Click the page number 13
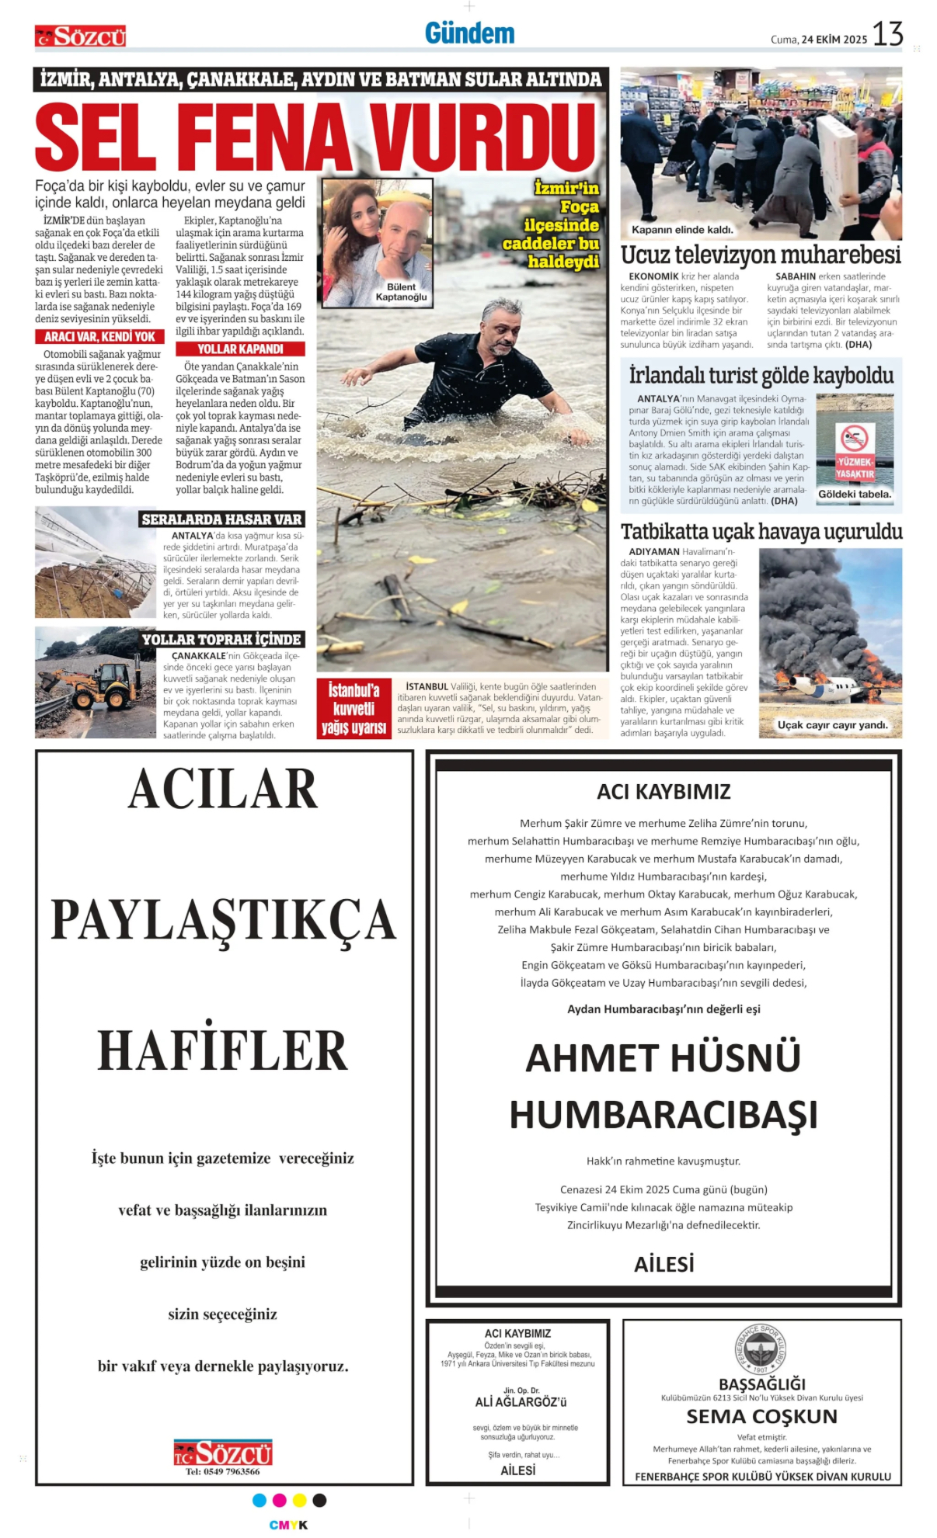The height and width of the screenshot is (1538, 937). point(887,35)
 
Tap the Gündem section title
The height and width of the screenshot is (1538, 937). point(469,33)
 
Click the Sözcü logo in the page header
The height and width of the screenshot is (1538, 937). point(80,36)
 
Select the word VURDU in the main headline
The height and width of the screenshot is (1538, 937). point(482,138)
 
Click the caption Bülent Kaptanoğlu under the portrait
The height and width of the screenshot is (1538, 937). point(401,292)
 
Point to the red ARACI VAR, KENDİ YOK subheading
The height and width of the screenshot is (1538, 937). point(99,337)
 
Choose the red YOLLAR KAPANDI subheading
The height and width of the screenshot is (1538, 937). point(240,349)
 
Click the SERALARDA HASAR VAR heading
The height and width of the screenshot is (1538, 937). point(221,519)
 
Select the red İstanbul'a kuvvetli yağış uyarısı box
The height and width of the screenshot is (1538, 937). point(354,709)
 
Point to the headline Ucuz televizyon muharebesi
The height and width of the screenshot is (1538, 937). point(761,255)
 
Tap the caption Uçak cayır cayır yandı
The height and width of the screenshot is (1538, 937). point(832,725)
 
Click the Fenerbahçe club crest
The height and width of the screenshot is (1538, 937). point(761,1349)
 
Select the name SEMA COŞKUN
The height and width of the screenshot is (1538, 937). point(761,1416)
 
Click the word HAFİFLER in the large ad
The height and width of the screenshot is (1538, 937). point(223,1050)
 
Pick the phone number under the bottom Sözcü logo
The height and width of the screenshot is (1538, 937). point(223,1471)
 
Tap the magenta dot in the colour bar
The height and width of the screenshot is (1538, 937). point(280,1500)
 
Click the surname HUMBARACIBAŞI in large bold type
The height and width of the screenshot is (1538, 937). point(664,1115)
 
